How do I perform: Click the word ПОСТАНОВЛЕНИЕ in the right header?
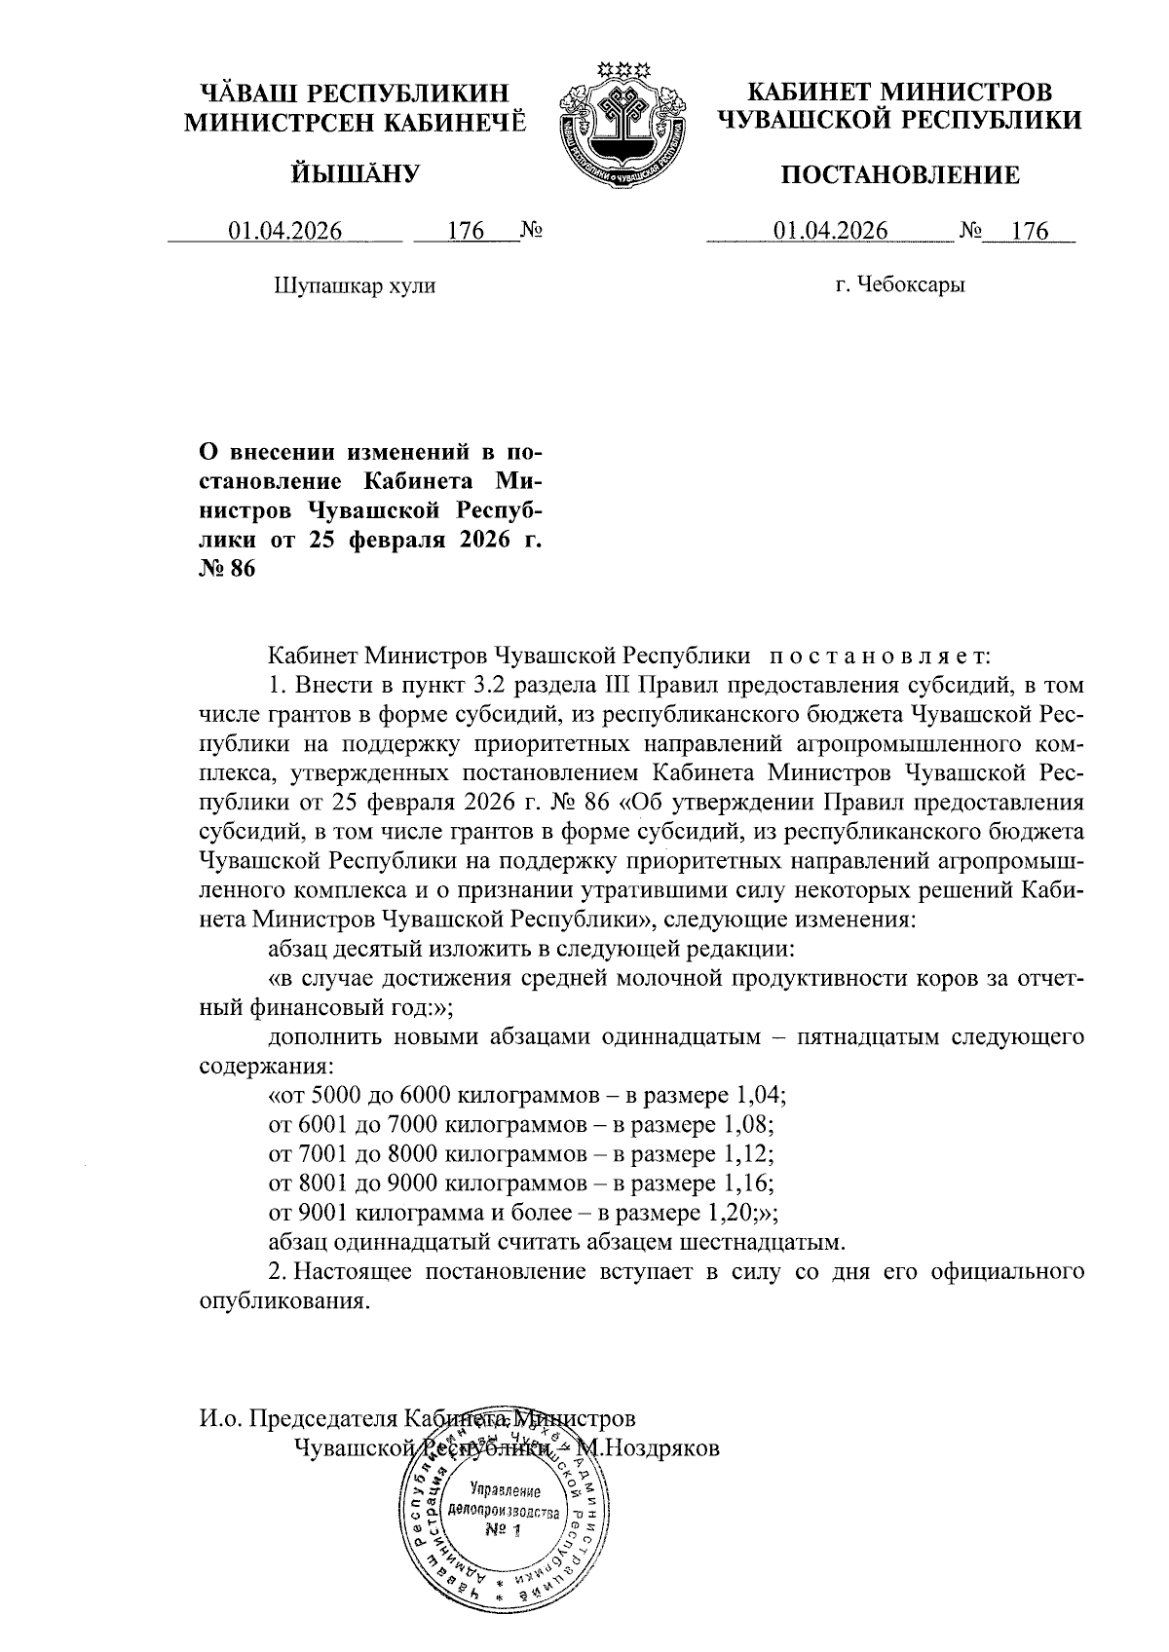[x=899, y=175]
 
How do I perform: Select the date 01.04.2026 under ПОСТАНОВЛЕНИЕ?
[x=830, y=231]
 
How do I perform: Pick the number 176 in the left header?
[x=466, y=231]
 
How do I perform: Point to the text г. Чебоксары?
[x=900, y=286]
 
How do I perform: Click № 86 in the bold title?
[x=227, y=569]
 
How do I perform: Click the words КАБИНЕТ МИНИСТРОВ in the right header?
[x=899, y=93]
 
